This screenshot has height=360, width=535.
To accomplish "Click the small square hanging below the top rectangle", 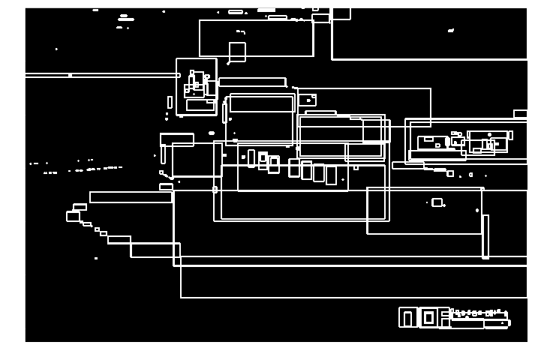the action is tap(237, 52).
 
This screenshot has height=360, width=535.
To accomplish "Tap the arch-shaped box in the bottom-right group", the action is tap(407, 317).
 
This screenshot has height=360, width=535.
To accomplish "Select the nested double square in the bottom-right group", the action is tap(428, 317).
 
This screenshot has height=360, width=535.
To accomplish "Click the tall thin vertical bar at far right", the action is tap(485, 236).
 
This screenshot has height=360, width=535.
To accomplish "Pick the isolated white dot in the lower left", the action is tap(96, 258).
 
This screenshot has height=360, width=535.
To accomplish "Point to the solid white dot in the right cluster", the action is tap(489, 135).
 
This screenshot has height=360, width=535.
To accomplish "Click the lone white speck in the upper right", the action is tap(451, 31).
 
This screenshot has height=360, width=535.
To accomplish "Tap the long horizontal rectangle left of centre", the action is tap(131, 197).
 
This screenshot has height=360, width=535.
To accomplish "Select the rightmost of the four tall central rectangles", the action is tap(331, 175).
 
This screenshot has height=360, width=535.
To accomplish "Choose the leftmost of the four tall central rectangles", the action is tap(294, 168).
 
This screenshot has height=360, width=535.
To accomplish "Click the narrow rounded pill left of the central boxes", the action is tap(224, 112).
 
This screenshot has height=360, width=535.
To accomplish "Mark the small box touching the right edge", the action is tap(520, 114).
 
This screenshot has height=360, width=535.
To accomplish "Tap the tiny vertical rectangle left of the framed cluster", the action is tap(170, 102).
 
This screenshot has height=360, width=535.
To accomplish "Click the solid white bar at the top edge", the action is tap(266, 10).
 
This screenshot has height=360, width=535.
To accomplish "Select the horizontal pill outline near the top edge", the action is tap(236, 12).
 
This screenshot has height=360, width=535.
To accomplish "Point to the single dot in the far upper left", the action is tap(56, 49).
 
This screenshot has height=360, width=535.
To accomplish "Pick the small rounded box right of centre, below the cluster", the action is tap(437, 202).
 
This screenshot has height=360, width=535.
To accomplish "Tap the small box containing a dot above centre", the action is tap(307, 100).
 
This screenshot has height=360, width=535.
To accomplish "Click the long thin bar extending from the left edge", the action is tap(101, 75).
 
